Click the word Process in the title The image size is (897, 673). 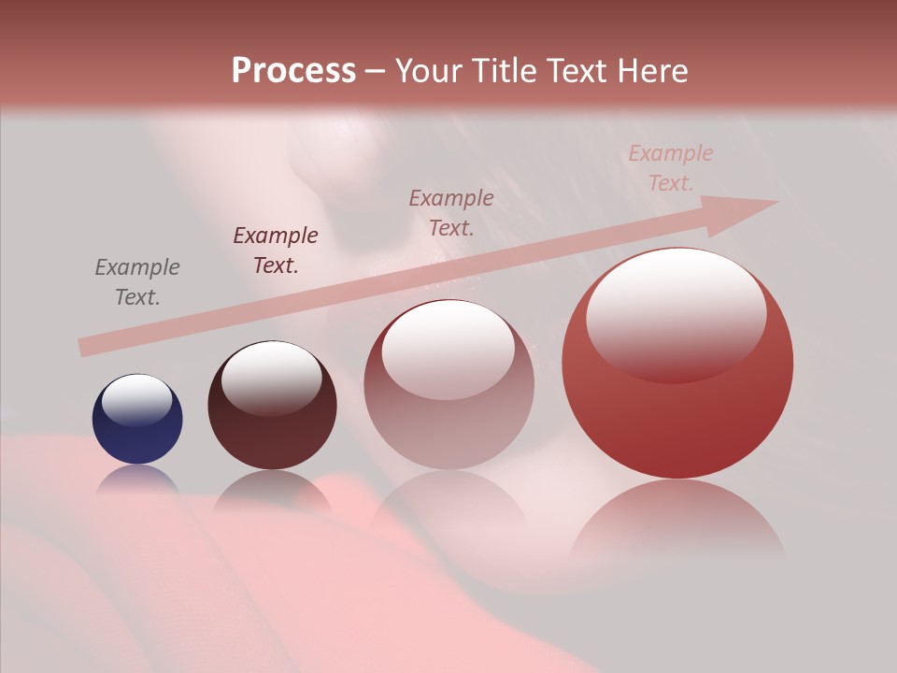(x=293, y=71)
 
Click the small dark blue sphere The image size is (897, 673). (x=137, y=420)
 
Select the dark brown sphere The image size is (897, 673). (x=272, y=406)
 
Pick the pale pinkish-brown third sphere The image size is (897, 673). (x=448, y=385)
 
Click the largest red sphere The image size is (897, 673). (x=677, y=364)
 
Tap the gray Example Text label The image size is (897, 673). (x=137, y=281)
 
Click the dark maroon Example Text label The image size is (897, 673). (x=276, y=250)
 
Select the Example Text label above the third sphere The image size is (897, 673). (x=451, y=212)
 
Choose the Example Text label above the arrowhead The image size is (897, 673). (x=671, y=168)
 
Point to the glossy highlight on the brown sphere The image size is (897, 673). (x=271, y=378)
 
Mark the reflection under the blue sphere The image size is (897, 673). (x=137, y=479)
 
